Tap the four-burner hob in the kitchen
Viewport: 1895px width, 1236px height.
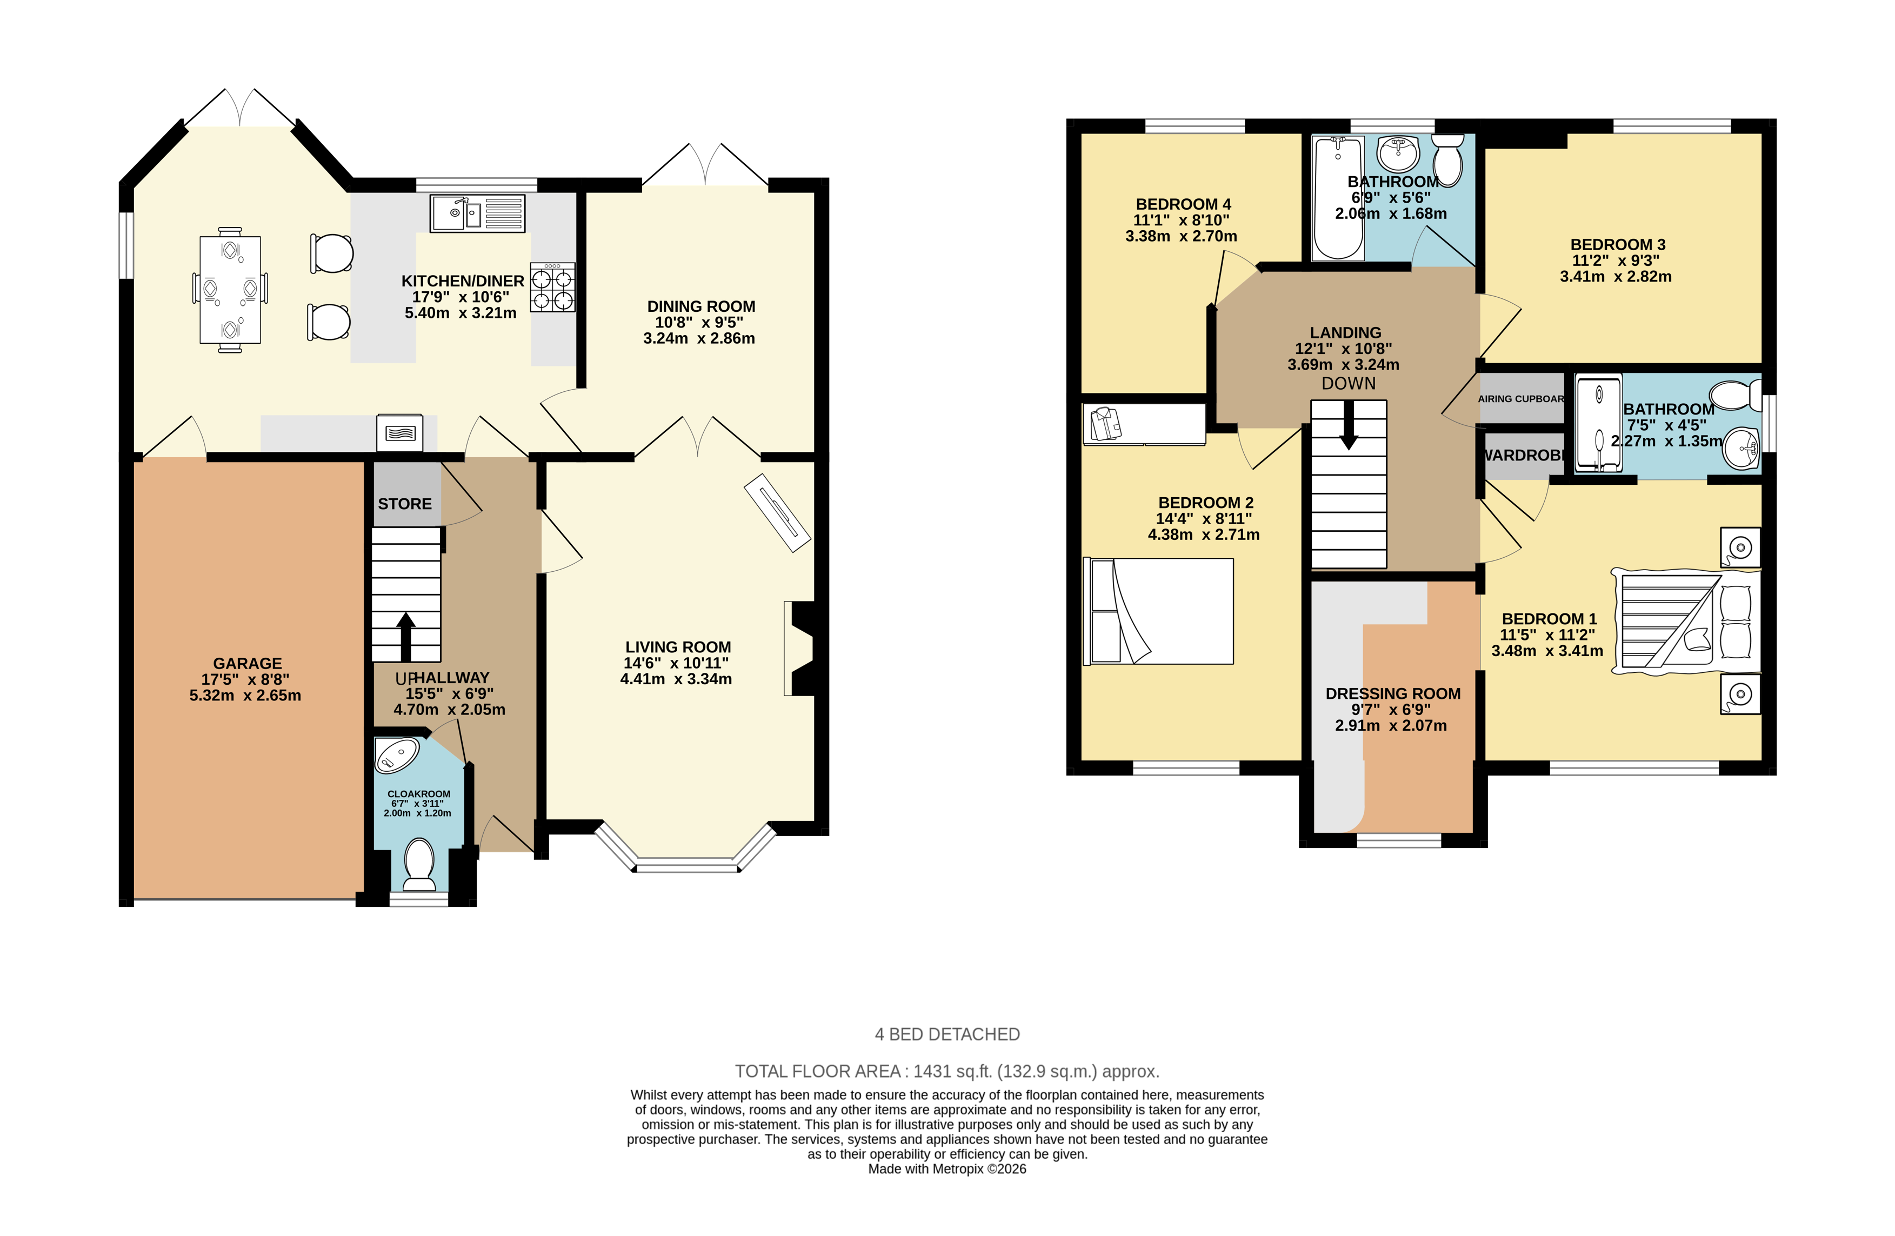(552, 288)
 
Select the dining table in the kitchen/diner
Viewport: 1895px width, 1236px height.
(230, 290)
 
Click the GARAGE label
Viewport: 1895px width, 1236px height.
(247, 663)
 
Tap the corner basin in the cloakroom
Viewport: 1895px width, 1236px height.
(396, 755)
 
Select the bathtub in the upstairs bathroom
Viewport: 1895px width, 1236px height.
(1338, 197)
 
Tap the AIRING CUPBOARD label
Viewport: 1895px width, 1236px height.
(1522, 398)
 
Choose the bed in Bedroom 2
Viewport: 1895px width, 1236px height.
(1158, 611)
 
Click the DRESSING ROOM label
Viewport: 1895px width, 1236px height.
(1392, 693)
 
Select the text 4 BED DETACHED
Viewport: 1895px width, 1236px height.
(947, 1034)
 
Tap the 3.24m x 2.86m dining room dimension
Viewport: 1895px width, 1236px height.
(699, 338)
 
